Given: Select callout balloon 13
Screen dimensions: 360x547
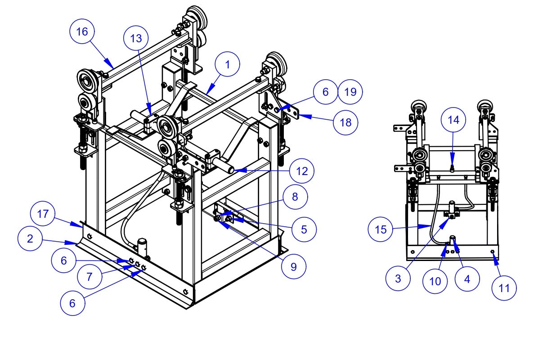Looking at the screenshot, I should click(x=136, y=39).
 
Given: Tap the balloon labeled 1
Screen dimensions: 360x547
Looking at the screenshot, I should click(x=228, y=65).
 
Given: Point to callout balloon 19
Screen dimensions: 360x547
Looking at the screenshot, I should click(x=350, y=92).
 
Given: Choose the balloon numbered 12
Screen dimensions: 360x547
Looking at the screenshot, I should click(x=301, y=171).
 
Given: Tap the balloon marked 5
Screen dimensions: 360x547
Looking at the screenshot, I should click(x=304, y=229).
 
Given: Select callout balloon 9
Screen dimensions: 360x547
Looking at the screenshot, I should click(x=293, y=267).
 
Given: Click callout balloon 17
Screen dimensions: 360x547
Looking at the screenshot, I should click(x=43, y=214).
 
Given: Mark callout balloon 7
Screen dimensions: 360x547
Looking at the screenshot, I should click(x=90, y=277).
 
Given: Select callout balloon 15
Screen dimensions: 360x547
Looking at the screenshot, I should click(x=381, y=229).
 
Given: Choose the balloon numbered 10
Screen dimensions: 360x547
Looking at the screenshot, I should click(x=435, y=281).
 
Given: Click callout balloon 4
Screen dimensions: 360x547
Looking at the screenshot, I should click(x=467, y=279).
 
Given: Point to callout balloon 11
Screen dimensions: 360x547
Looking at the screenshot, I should click(x=504, y=288).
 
